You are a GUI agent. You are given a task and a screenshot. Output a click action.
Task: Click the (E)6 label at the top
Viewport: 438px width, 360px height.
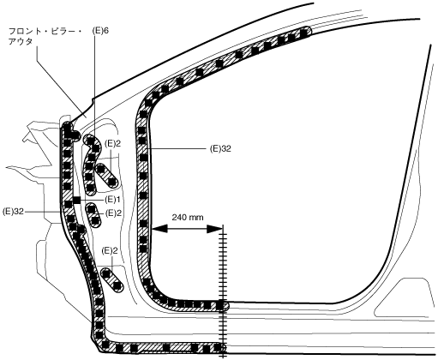[x=100, y=31]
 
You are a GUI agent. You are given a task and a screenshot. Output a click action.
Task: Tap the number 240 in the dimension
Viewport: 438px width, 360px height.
[x=179, y=218]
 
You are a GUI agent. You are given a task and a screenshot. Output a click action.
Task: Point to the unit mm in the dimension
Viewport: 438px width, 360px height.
[x=196, y=218]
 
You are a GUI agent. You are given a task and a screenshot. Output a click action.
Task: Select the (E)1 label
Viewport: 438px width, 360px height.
[x=112, y=200]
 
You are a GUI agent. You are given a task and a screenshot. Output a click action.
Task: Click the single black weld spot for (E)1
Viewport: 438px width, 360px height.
[x=76, y=201]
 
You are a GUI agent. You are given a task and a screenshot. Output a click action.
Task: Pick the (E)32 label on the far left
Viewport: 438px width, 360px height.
[x=13, y=212]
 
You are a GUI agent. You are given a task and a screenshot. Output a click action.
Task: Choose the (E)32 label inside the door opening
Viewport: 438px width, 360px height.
[x=220, y=149]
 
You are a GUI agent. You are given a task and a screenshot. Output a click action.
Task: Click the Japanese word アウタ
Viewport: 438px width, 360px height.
[x=21, y=41]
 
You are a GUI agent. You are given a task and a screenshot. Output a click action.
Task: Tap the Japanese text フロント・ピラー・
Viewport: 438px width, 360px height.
[x=45, y=31]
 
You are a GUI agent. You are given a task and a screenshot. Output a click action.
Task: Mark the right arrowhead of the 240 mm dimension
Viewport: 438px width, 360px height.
[x=215, y=229]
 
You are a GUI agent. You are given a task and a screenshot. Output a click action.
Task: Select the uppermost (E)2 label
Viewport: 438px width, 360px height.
[x=112, y=143]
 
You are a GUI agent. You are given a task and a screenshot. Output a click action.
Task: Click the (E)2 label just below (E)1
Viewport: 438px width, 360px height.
[x=113, y=213]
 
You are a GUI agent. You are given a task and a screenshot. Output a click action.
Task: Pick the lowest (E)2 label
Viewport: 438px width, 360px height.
[x=110, y=251]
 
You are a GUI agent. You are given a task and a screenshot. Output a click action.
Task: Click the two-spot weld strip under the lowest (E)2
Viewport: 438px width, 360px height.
[x=111, y=279]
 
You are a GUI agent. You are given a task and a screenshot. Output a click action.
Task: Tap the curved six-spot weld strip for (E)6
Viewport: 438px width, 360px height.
[x=92, y=165]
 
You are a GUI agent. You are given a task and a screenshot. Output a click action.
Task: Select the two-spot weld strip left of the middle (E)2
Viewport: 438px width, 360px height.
[x=93, y=215]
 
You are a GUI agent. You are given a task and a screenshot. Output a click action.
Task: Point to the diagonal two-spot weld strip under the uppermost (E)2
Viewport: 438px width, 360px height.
[x=106, y=176]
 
